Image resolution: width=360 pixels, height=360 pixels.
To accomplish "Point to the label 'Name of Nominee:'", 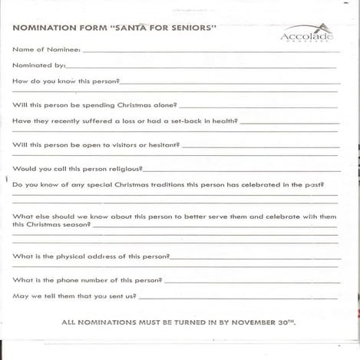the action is click(x=46, y=49).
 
